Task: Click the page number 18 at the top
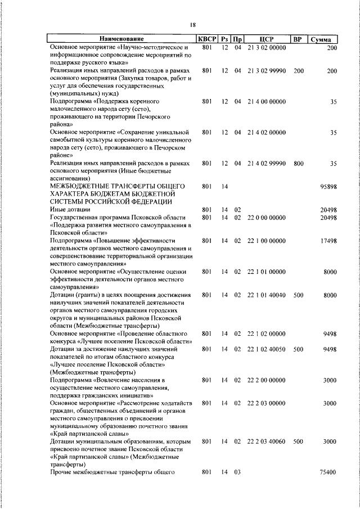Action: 192,24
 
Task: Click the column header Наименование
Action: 122,39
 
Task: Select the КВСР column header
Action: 206,39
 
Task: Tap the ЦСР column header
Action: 267,39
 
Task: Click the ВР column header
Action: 298,39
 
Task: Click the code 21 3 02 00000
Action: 267,48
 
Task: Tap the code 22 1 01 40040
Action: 267,295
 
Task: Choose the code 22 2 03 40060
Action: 267,442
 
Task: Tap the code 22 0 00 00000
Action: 267,218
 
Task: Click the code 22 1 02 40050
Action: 267,349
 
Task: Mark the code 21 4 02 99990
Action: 267,163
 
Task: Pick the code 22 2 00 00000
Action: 267,380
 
